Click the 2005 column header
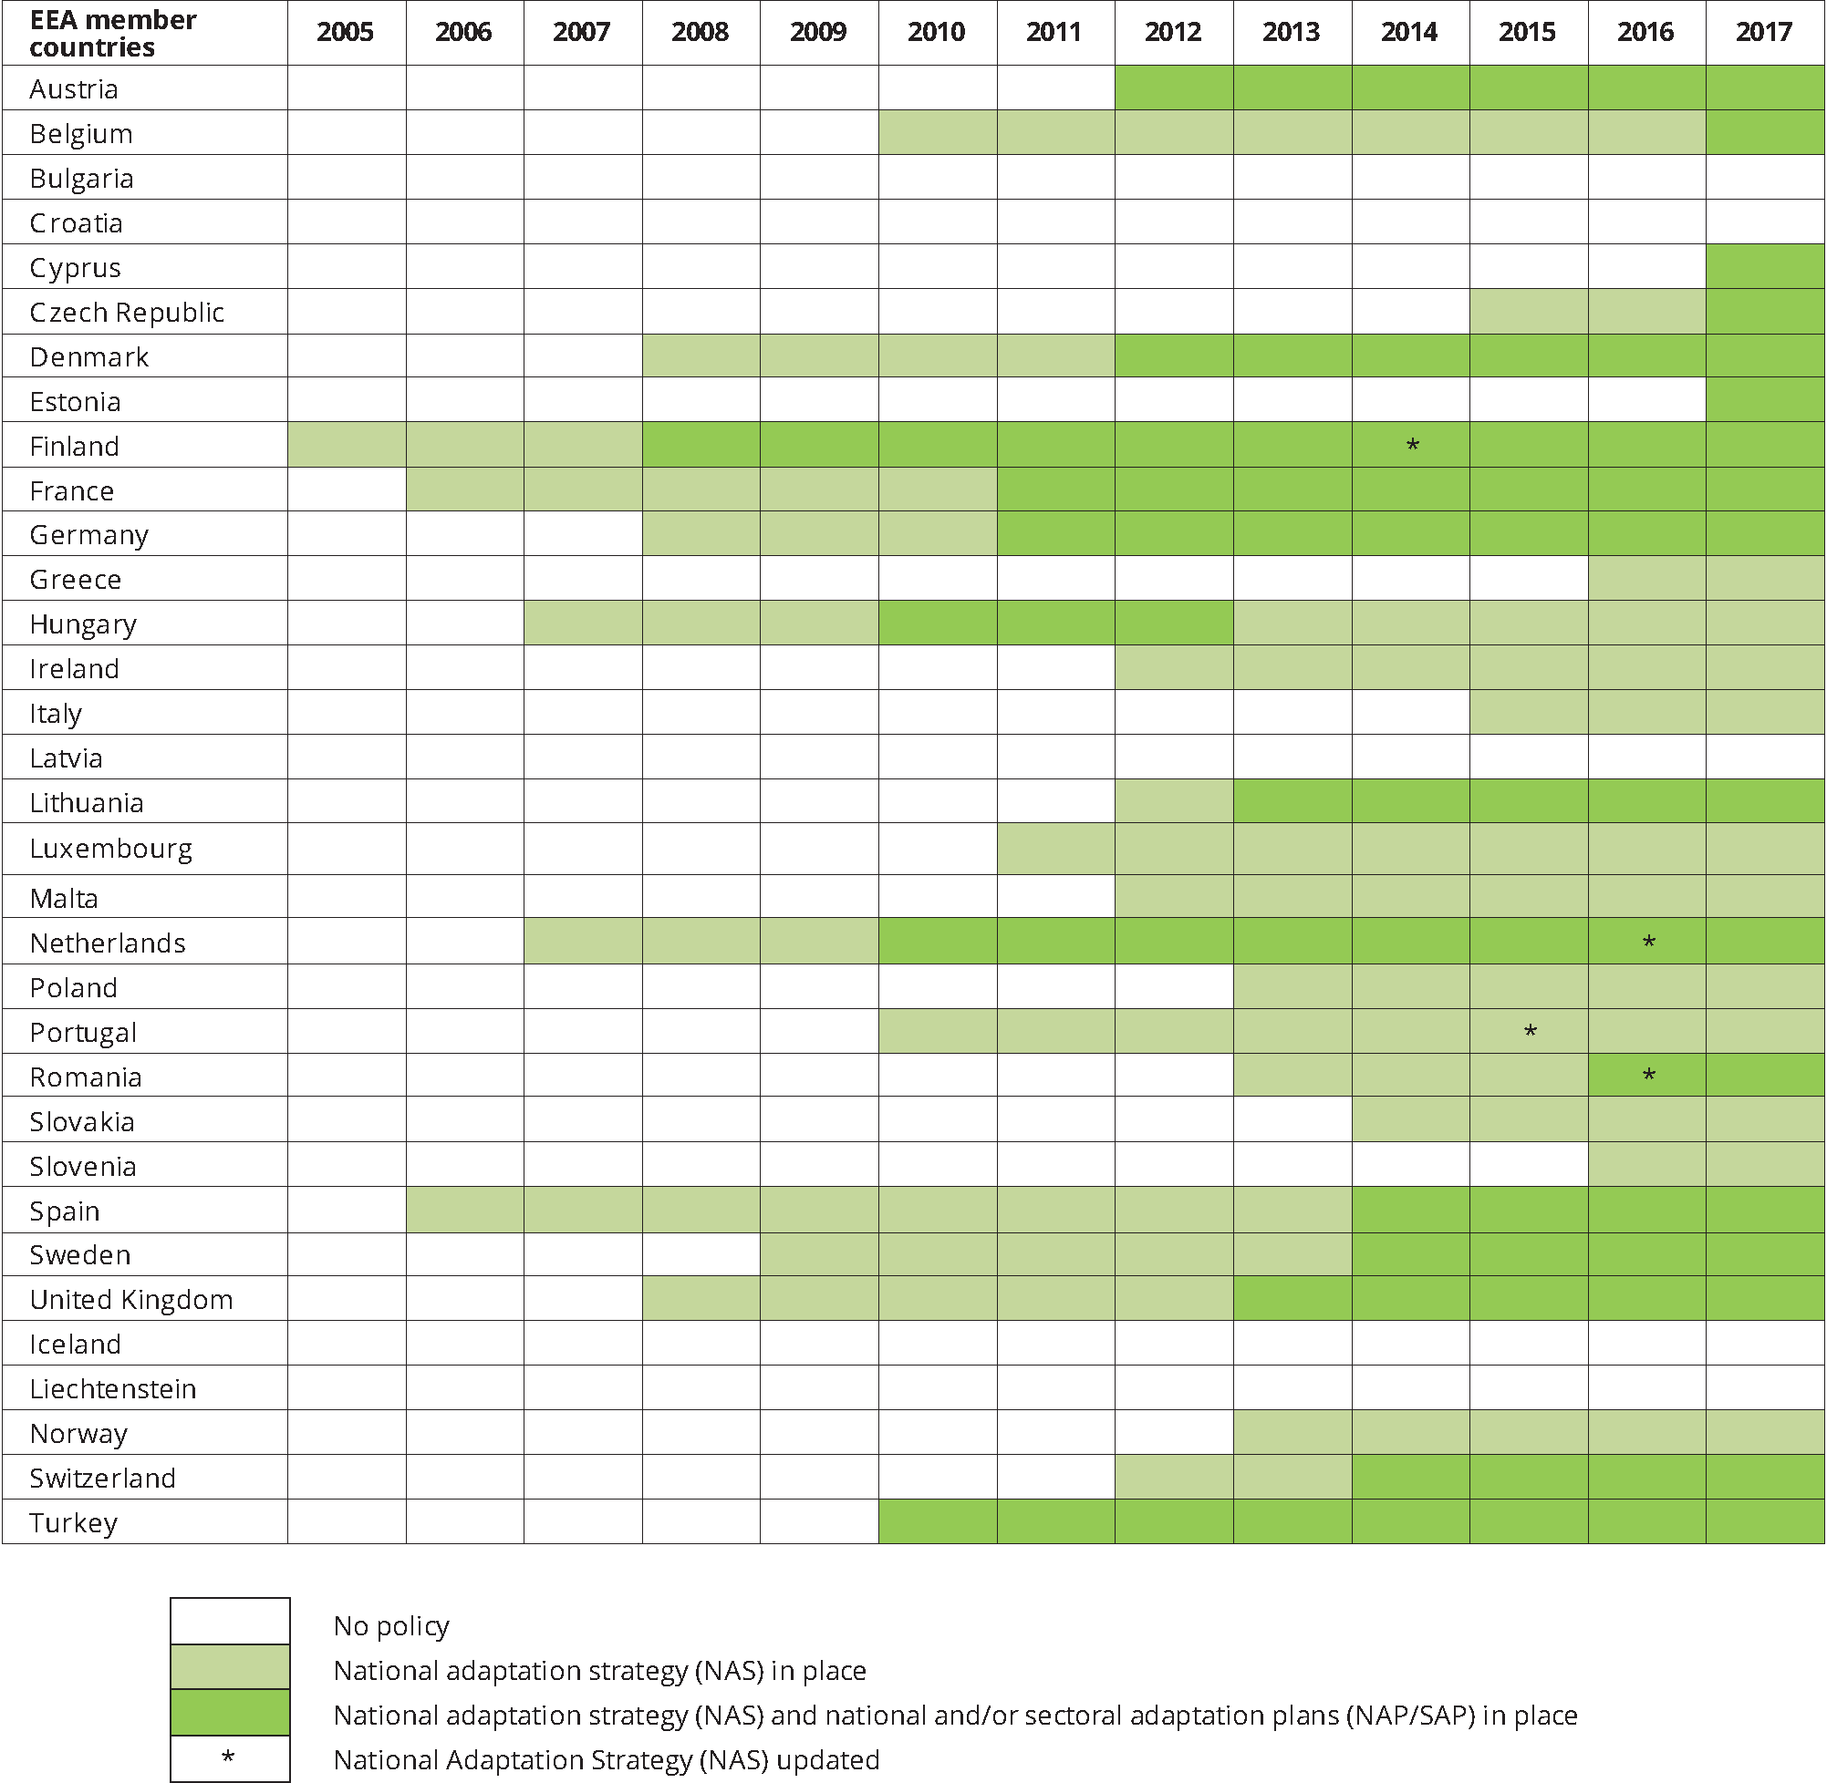[x=345, y=32]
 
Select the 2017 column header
[x=1763, y=32]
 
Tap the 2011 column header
[x=1054, y=32]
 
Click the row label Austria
[x=74, y=89]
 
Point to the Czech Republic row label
[x=127, y=312]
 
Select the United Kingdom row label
[x=131, y=1300]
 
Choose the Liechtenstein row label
[x=112, y=1389]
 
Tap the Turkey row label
[x=73, y=1522]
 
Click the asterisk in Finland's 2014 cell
[x=1412, y=446]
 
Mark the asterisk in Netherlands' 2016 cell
[x=1648, y=942]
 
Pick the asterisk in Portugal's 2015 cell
[x=1530, y=1032]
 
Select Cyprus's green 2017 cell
[x=1764, y=267]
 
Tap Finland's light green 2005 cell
[x=346, y=445]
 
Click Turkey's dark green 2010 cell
[x=937, y=1521]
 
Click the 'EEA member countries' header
[x=112, y=33]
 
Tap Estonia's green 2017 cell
[x=1764, y=400]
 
